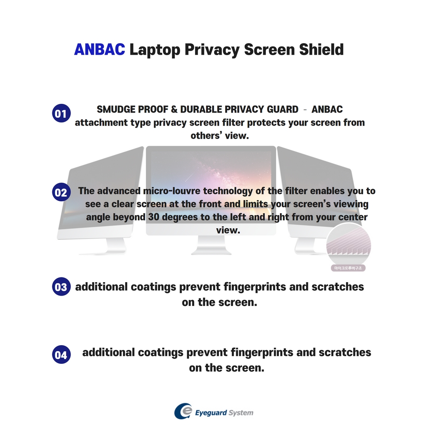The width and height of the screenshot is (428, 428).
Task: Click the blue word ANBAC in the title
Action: pyautogui.click(x=99, y=50)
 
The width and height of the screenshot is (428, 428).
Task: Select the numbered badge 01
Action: pyautogui.click(x=61, y=114)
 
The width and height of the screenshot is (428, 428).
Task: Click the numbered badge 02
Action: pyautogui.click(x=61, y=193)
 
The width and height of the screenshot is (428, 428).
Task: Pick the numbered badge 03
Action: pyautogui.click(x=61, y=287)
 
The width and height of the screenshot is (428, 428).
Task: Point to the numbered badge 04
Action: pyautogui.click(x=61, y=355)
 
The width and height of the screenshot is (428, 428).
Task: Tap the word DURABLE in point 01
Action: pyautogui.click(x=201, y=109)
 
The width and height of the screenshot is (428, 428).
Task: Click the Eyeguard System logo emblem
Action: pyautogui.click(x=183, y=411)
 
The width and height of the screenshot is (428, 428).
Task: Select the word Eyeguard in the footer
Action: pyautogui.click(x=211, y=413)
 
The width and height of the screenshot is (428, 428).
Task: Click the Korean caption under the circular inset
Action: pyautogui.click(x=348, y=268)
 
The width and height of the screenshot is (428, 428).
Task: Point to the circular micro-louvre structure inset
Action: pyautogui.click(x=348, y=244)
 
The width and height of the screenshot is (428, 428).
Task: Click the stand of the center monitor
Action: pyautogui.click(x=211, y=246)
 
